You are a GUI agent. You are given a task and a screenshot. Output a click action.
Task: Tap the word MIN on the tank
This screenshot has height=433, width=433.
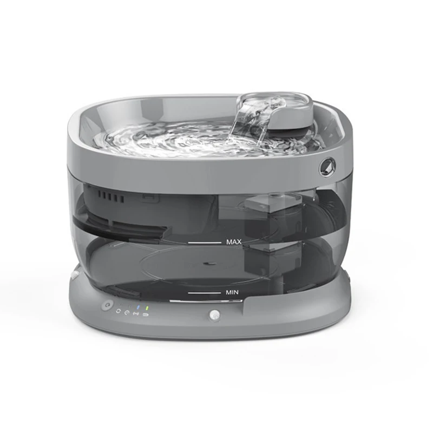[x=232, y=292]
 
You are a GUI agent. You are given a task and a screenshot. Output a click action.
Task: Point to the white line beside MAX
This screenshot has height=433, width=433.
[x=205, y=242]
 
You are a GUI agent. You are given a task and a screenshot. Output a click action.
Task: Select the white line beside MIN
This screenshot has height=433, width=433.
[x=205, y=293]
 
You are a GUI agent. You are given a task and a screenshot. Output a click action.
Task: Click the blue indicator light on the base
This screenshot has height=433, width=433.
[x=138, y=307]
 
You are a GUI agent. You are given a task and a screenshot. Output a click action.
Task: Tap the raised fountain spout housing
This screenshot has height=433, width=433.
[x=281, y=111]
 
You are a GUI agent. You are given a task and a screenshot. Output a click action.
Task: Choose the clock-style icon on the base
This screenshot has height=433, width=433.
[x=127, y=313]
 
